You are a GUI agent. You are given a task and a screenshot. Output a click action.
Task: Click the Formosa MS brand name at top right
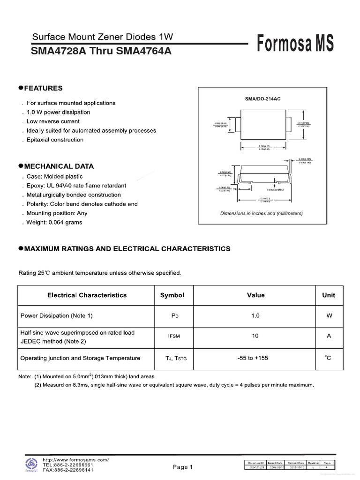pyautogui.click(x=295, y=44)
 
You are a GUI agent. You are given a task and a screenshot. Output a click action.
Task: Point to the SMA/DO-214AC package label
pyautogui.click(x=262, y=99)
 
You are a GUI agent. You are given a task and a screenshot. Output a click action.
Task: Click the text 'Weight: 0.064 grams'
pyautogui.click(x=54, y=222)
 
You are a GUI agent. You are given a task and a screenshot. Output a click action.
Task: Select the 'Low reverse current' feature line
pyautogui.click(x=53, y=121)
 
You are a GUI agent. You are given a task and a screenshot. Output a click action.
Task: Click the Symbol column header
pyautogui.click(x=172, y=295)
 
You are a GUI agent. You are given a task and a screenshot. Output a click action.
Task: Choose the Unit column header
pyautogui.click(x=329, y=295)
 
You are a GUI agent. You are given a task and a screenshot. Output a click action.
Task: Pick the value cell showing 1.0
pyautogui.click(x=255, y=316)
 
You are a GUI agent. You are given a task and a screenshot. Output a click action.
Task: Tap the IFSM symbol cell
pyautogui.click(x=172, y=337)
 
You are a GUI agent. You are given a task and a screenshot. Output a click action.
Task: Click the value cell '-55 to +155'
pyautogui.click(x=255, y=358)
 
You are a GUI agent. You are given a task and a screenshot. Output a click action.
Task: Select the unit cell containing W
pyautogui.click(x=329, y=316)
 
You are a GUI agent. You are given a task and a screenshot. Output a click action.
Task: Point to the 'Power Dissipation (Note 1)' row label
pyautogui.click(x=57, y=316)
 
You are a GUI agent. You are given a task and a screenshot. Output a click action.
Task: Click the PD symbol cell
pyautogui.click(x=172, y=316)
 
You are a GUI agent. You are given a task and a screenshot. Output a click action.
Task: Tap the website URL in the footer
pyautogui.click(x=75, y=460)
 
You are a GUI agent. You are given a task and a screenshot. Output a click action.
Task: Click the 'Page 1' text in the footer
pyautogui.click(x=183, y=467)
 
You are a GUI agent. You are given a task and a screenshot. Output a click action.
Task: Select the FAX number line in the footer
pyautogui.click(x=68, y=470)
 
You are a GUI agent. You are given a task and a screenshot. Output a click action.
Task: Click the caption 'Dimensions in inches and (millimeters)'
pyautogui.click(x=262, y=213)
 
